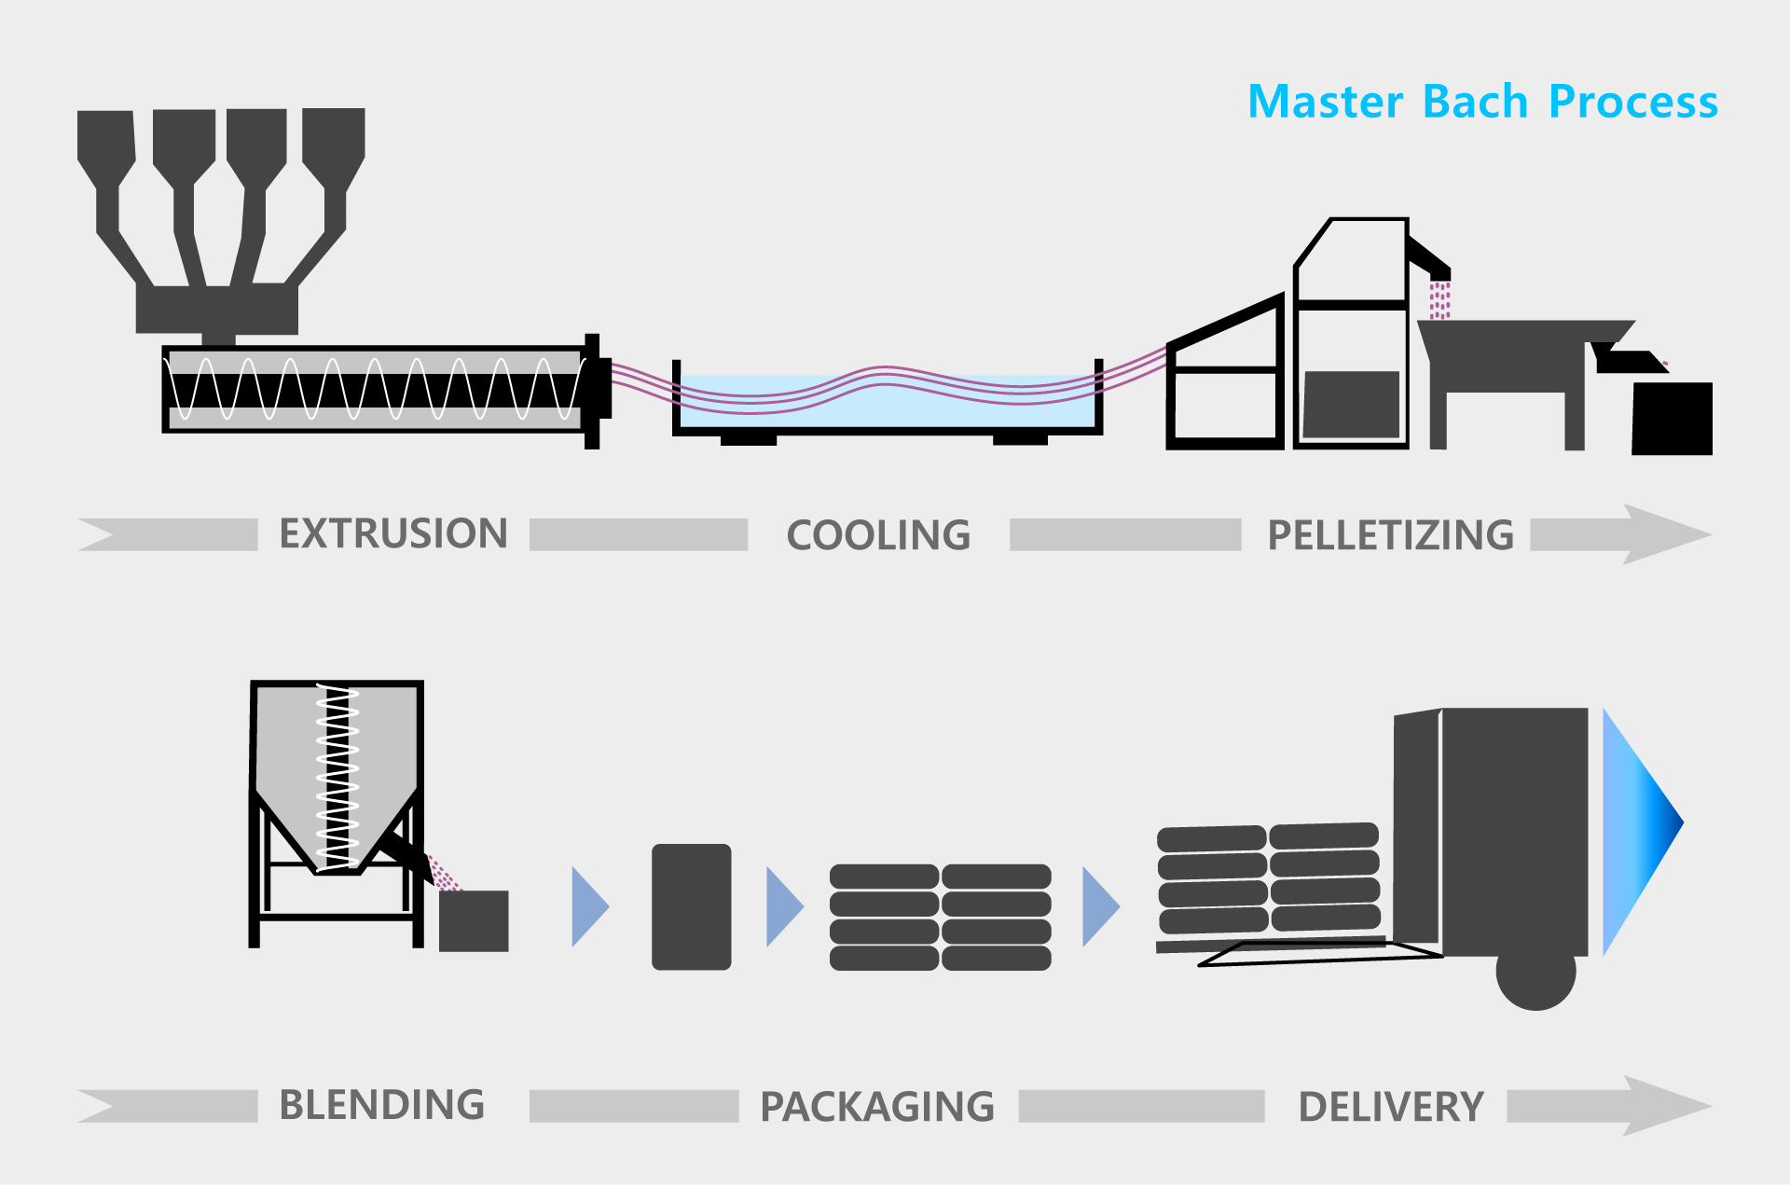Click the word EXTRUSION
pos(393,534)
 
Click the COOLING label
pos(878,536)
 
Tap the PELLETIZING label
pos(1390,536)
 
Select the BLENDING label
pos(381,1106)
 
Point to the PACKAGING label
pos(877,1108)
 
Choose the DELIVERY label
pos(1390,1108)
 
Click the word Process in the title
pos(1632,102)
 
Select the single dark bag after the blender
pos(691,907)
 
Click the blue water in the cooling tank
pos(886,410)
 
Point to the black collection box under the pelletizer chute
pos(1673,419)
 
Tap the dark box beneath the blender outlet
pos(474,921)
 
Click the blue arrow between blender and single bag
pos(588,907)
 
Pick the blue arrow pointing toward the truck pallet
pos(1099,907)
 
